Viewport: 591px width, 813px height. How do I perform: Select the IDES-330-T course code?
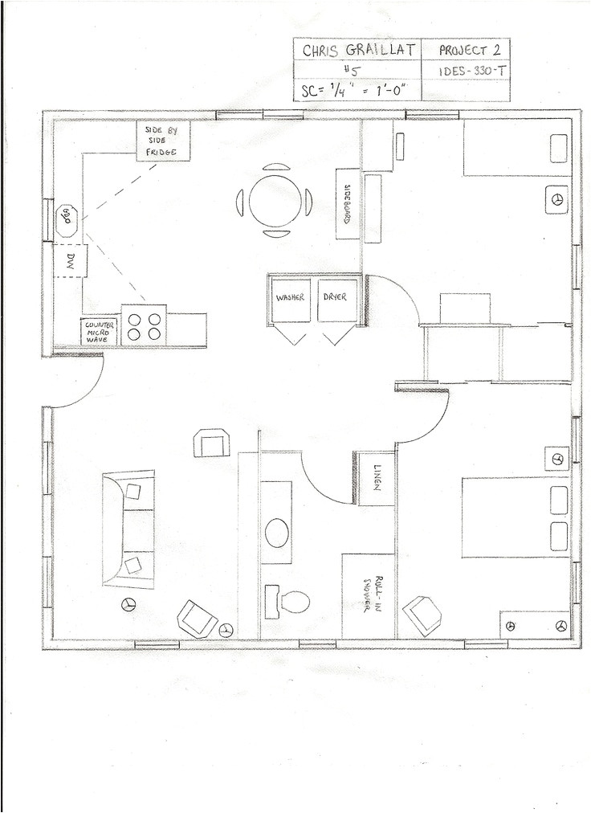pyautogui.click(x=473, y=71)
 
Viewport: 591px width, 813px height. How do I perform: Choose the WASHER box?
pyautogui.click(x=290, y=298)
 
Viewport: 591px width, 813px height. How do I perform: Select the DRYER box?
pyautogui.click(x=336, y=297)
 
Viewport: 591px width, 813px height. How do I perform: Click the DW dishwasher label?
pyautogui.click(x=69, y=259)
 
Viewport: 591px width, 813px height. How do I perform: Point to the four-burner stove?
pyautogui.click(x=144, y=326)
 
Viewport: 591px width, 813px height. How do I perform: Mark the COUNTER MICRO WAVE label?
pyautogui.click(x=100, y=332)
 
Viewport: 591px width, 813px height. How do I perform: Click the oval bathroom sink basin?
pyautogui.click(x=277, y=532)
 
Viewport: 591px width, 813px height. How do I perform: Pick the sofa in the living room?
pyautogui.click(x=128, y=529)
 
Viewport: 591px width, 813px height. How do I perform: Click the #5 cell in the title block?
pyautogui.click(x=357, y=71)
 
